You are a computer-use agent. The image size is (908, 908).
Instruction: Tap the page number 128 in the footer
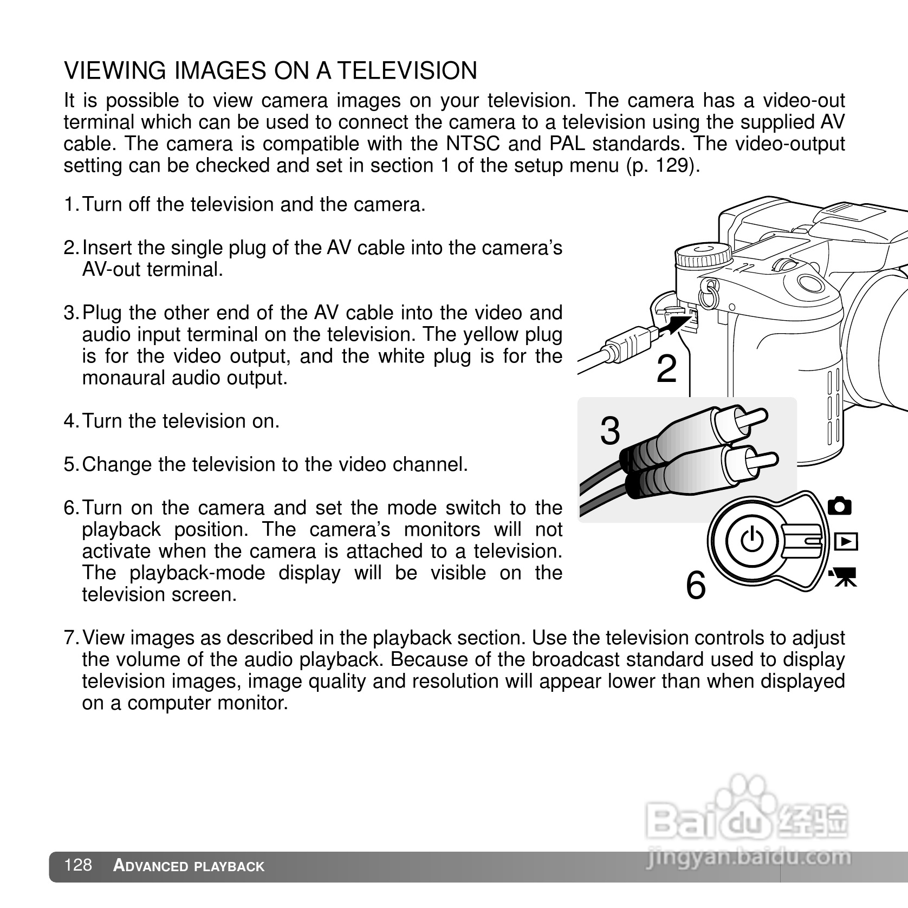point(77,865)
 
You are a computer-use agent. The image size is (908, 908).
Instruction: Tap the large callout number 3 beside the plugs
point(610,432)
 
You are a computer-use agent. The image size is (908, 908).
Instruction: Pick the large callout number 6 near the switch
point(696,586)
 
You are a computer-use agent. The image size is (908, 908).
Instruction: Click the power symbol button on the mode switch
point(752,540)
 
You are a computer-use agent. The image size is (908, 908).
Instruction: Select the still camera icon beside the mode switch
point(840,505)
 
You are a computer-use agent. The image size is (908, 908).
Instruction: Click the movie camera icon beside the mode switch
point(843,576)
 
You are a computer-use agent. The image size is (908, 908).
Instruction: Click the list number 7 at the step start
point(70,638)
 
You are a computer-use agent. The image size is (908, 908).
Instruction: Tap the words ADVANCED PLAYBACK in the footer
point(189,866)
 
